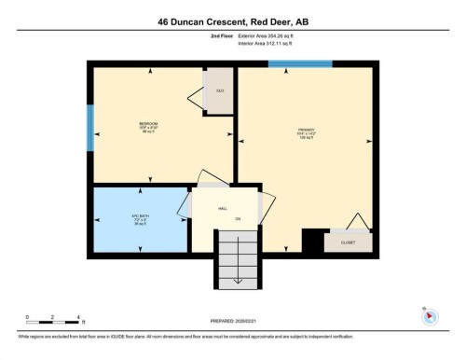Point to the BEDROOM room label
(149, 125)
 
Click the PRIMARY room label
(306, 132)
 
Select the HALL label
(224, 209)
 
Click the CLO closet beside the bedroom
(219, 90)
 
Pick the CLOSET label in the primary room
(348, 242)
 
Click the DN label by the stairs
(239, 219)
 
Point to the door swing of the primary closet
(353, 220)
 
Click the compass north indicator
(430, 315)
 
